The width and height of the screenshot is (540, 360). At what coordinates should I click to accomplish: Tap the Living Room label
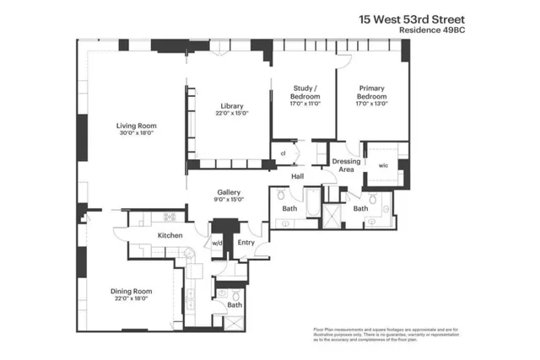coord(137,126)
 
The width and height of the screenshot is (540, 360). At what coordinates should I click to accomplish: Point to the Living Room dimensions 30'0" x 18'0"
coord(137,134)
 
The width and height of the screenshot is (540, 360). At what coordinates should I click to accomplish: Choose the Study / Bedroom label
coord(305,91)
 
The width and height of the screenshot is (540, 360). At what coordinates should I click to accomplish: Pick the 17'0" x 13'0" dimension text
coord(372,104)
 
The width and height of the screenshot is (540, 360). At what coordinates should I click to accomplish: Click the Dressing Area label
coord(346,164)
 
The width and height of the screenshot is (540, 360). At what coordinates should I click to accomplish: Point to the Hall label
coord(298,176)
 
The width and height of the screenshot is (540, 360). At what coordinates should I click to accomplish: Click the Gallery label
coord(229,191)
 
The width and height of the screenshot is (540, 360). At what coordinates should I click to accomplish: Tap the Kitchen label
coord(170,235)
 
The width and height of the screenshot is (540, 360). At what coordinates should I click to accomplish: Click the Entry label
coord(246,243)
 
